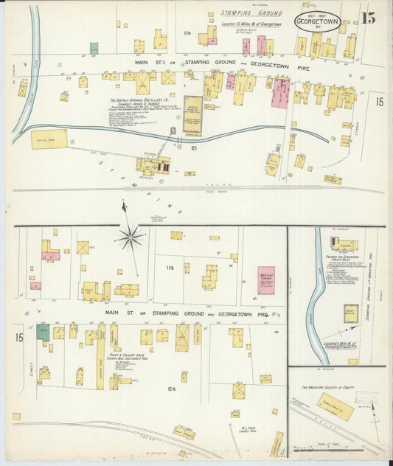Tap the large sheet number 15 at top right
click(x=367, y=18)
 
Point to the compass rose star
click(x=131, y=237)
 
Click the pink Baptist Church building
click(x=265, y=280)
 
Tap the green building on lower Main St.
click(x=44, y=331)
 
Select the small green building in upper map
click(x=94, y=48)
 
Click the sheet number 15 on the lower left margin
click(x=18, y=338)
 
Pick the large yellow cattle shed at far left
click(x=49, y=139)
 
